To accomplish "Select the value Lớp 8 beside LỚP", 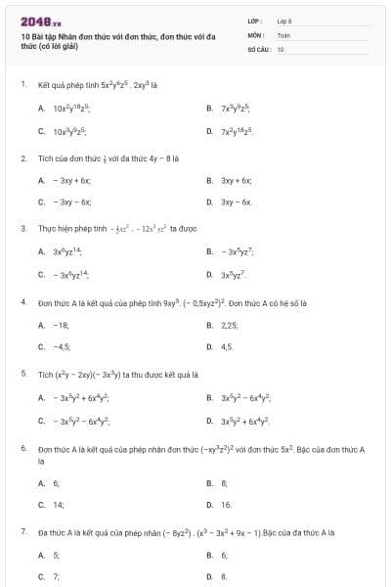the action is (283, 21).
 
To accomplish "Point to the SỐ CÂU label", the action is (258, 48).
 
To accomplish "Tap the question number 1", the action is (22, 84).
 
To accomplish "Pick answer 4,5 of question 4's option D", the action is (227, 346).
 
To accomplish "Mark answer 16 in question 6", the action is (227, 505).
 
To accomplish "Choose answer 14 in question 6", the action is (58, 505).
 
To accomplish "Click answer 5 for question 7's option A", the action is (56, 555).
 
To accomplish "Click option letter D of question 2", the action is (209, 203).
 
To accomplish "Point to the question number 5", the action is (22, 373).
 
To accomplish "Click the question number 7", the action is (22, 532).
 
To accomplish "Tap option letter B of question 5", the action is (209, 398).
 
